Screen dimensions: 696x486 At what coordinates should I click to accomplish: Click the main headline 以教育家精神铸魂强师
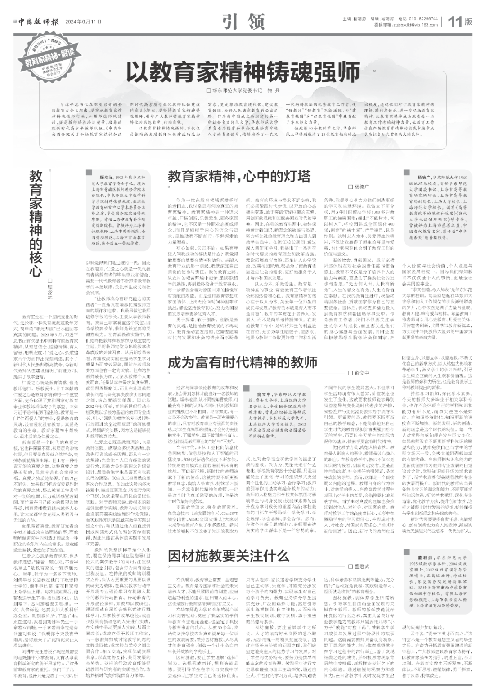tap(243, 71)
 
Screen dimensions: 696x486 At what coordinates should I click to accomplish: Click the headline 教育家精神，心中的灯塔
tap(239, 175)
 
